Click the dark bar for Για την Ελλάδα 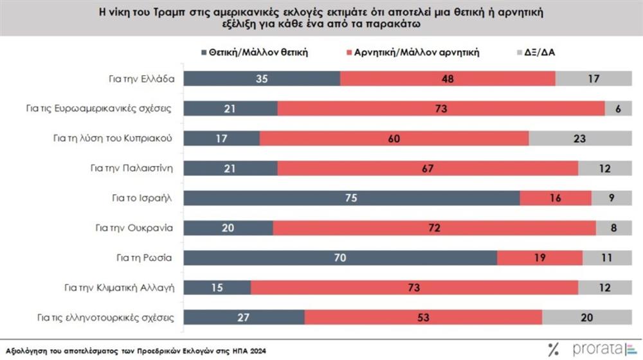[x=262, y=78]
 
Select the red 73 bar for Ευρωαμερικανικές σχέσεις [x=441, y=109]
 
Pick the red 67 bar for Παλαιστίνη [x=428, y=168]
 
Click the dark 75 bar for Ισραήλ [x=352, y=199]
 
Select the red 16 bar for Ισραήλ [x=555, y=199]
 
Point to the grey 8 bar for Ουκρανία [x=614, y=228]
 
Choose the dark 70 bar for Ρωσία [x=341, y=258]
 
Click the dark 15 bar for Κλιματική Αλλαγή [x=217, y=288]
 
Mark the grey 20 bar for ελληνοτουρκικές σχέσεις [x=588, y=318]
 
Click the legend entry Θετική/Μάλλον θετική [x=260, y=53]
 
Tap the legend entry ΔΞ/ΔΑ [x=543, y=53]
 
